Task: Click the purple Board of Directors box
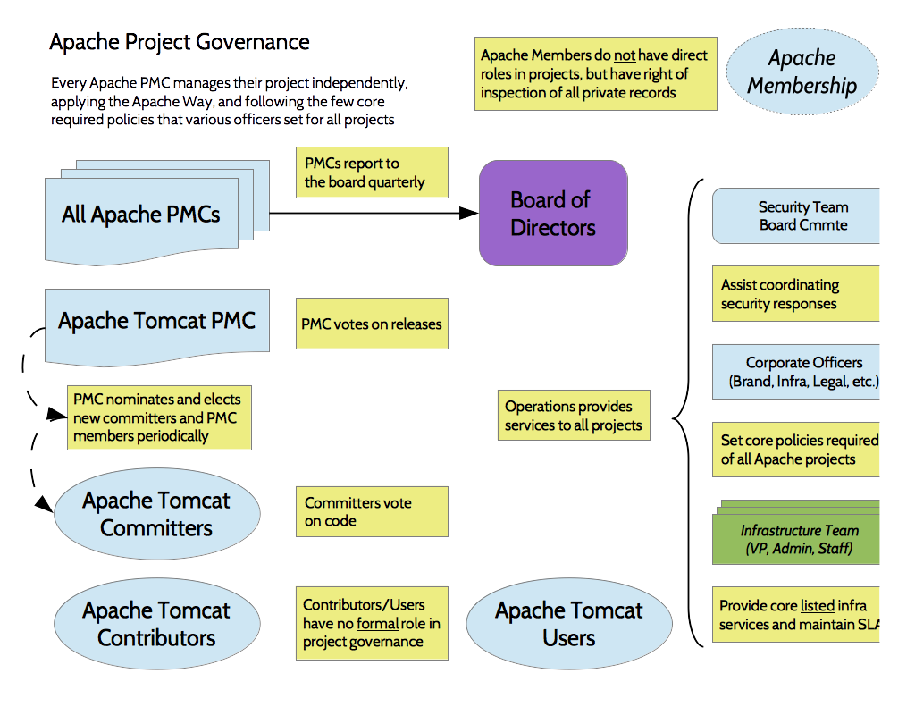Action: [x=553, y=214]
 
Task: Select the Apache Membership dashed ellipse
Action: [x=802, y=72]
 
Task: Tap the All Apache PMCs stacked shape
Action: [x=141, y=215]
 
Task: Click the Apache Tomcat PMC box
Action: [x=156, y=322]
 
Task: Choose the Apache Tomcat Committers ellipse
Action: [x=156, y=514]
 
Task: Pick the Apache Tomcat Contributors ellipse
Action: [x=156, y=624]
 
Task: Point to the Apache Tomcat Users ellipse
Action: [x=569, y=624]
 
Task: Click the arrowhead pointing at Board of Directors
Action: [x=470, y=213]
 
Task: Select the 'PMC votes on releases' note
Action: [x=372, y=324]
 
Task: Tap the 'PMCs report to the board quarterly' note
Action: [x=372, y=173]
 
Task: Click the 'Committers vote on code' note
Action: [x=372, y=511]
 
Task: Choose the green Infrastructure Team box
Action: [x=798, y=539]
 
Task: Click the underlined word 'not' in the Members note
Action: [x=625, y=55]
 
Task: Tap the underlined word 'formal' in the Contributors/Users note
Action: [x=377, y=623]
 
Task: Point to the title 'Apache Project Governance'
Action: [x=180, y=42]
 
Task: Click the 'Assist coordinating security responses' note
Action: [x=795, y=294]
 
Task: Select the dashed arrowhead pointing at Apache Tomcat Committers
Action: [x=44, y=505]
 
